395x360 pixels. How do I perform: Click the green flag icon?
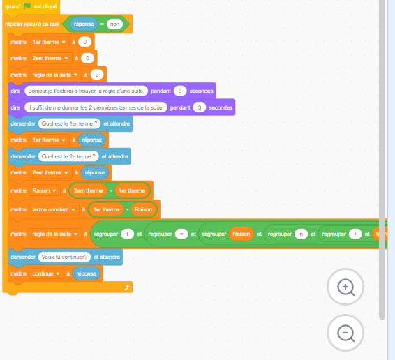(x=27, y=6)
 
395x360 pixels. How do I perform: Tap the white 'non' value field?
(x=114, y=24)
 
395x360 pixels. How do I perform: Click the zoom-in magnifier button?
(x=345, y=287)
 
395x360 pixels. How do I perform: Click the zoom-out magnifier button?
(x=345, y=333)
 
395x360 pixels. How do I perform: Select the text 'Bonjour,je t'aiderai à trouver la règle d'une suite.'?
(x=86, y=91)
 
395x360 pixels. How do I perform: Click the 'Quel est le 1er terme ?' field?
(x=69, y=123)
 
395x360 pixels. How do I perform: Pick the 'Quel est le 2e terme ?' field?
(x=68, y=156)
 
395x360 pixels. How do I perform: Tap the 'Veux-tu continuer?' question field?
(x=64, y=257)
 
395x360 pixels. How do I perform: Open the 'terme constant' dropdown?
(x=54, y=209)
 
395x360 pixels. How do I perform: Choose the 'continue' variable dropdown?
(x=46, y=273)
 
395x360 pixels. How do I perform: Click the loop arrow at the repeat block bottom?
(x=126, y=287)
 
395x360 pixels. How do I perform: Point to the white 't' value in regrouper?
(x=127, y=234)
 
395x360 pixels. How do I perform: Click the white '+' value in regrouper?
(x=355, y=234)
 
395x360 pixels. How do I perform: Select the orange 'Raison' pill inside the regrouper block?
(x=241, y=234)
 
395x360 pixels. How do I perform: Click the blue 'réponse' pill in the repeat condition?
(x=84, y=24)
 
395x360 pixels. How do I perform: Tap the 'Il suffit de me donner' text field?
(x=96, y=107)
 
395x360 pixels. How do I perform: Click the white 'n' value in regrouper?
(x=301, y=234)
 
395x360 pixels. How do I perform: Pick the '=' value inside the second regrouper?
(x=181, y=234)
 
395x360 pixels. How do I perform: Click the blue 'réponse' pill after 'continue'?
(x=86, y=273)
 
